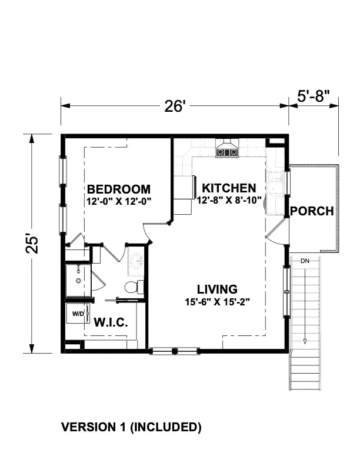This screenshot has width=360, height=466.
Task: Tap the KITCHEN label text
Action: [x=229, y=188]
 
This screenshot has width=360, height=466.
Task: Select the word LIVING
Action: [x=217, y=289]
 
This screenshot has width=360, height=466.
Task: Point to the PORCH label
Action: [x=312, y=211]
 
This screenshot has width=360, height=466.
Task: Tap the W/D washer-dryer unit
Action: [x=78, y=314]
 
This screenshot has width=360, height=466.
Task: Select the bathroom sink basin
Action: [x=136, y=262]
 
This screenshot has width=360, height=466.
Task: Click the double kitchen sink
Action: [x=276, y=184]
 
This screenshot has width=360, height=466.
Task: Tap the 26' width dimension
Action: [x=175, y=106]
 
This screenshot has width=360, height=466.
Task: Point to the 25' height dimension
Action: [x=33, y=244]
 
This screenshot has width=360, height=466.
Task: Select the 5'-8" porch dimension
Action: [x=314, y=95]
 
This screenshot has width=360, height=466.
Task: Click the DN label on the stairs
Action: [x=305, y=260]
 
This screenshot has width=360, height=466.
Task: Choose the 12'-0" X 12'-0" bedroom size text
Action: [x=118, y=201]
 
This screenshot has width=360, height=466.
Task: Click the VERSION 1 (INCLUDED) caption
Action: [x=131, y=427]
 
